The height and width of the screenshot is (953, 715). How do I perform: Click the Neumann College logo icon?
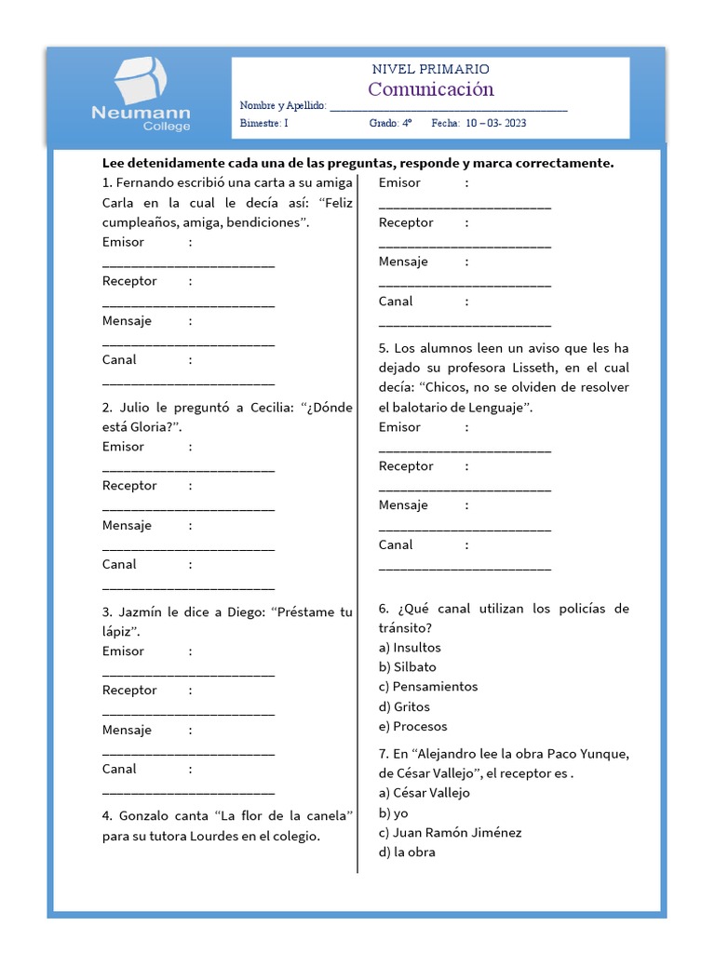141,79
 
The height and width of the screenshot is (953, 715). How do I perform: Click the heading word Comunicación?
430,89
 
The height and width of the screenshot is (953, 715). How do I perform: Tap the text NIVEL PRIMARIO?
430,69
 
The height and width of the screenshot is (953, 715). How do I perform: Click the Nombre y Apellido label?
283,106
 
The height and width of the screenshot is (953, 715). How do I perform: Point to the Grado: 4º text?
390,123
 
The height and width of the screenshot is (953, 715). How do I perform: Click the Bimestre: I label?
264,123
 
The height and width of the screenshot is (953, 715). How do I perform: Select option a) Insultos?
410,647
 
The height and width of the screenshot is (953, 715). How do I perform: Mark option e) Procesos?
412,726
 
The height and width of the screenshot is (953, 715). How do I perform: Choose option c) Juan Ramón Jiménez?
451,832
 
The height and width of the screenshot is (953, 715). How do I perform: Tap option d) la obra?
407,852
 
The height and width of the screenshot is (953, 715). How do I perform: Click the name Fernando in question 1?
146,183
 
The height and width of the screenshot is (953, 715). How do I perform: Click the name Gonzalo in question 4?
148,815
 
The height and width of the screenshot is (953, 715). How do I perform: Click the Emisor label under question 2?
123,447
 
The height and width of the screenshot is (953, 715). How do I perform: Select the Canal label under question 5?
396,544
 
